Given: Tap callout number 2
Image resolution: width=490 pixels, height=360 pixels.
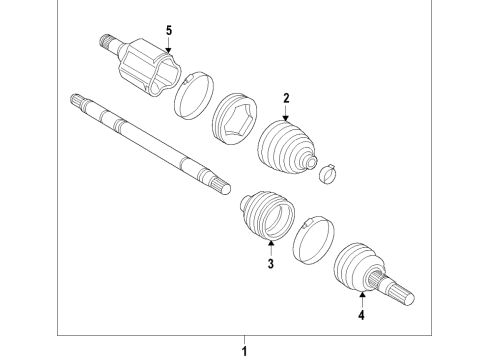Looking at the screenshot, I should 286,98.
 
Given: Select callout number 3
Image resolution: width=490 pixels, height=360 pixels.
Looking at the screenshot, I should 269,264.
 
